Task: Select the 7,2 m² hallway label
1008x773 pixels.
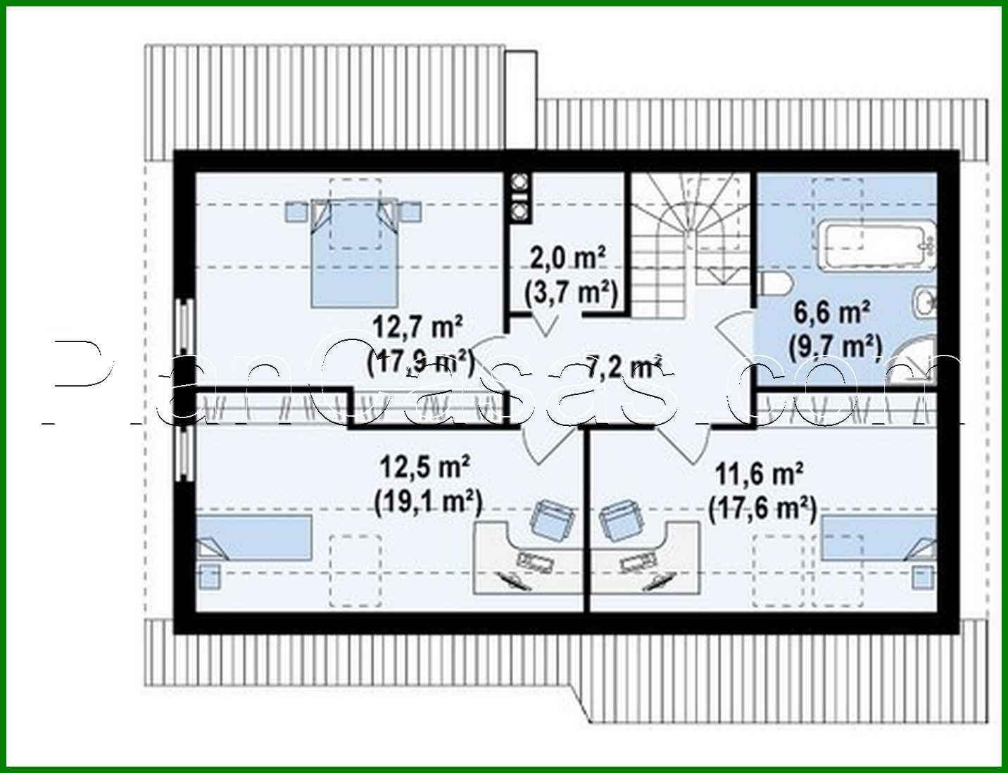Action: [x=623, y=366]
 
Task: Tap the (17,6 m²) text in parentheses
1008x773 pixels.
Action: [x=762, y=508]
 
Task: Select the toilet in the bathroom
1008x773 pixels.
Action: [x=776, y=284]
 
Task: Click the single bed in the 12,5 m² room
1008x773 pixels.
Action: [x=253, y=539]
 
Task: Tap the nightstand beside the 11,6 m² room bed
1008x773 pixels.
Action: [x=923, y=577]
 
